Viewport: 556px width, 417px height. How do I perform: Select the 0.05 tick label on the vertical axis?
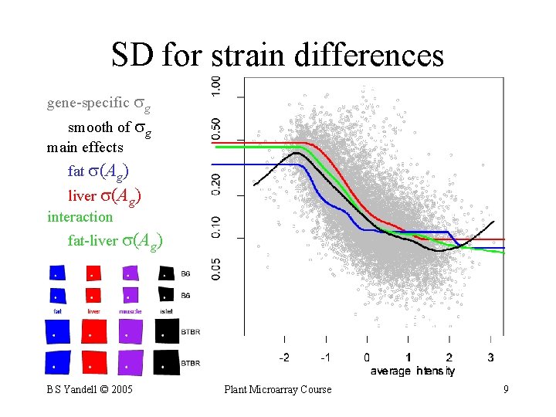pos(217,268)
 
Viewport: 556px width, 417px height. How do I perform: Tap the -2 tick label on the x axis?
pos(284,358)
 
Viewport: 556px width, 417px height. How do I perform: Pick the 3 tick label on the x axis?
pos(491,358)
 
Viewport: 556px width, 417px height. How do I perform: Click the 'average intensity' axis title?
pos(412,371)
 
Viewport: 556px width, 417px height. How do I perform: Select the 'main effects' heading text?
pos(85,147)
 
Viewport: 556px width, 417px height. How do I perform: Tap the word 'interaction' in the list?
pos(80,216)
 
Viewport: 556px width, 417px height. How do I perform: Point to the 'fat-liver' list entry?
pos(93,241)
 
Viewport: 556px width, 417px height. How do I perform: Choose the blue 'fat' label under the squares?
pos(58,311)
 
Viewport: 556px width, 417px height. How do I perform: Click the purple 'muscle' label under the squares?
pos(131,311)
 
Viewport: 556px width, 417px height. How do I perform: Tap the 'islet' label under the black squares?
pos(166,311)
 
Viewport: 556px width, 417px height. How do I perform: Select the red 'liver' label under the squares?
pos(93,311)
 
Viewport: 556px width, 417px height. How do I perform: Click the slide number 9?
pos(506,389)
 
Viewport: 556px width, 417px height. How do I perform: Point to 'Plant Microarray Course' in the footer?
pos(277,389)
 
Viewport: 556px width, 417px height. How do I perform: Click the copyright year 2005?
pos(122,389)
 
